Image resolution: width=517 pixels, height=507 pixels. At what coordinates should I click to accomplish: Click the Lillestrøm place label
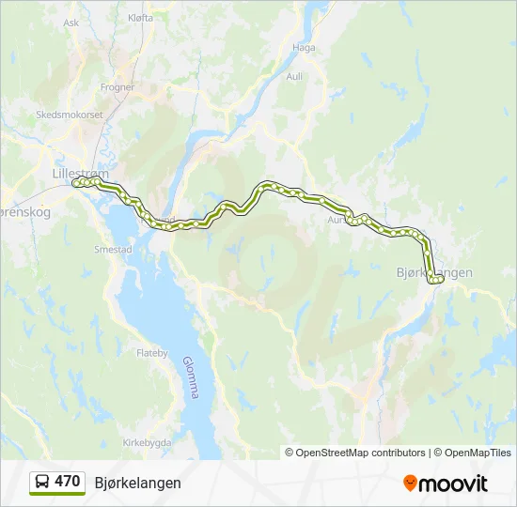(81, 174)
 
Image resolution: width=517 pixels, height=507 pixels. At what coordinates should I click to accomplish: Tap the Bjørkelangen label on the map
(442, 272)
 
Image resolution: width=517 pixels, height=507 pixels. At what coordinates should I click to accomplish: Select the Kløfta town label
(139, 17)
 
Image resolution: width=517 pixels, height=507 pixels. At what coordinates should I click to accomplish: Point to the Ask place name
(70, 23)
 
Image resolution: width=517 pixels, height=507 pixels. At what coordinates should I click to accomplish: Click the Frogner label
(117, 86)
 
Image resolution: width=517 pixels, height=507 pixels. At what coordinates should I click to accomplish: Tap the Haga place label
(304, 47)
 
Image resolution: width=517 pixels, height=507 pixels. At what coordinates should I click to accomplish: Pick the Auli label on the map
(294, 76)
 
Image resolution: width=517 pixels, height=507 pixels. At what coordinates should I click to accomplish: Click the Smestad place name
(112, 250)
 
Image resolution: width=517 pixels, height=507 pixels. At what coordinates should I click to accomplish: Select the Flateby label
(151, 354)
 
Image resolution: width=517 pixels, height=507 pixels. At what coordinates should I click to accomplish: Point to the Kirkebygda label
(147, 443)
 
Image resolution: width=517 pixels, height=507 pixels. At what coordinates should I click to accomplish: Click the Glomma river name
(189, 376)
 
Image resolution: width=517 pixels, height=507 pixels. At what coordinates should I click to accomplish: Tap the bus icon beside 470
(42, 482)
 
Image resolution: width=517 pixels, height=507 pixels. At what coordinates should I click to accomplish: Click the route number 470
(68, 482)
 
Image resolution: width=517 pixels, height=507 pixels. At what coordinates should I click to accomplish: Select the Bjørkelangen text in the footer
(137, 483)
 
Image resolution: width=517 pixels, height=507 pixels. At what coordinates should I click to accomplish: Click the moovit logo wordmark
(453, 484)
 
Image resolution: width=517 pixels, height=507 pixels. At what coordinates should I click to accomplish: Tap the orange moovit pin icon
(410, 484)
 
